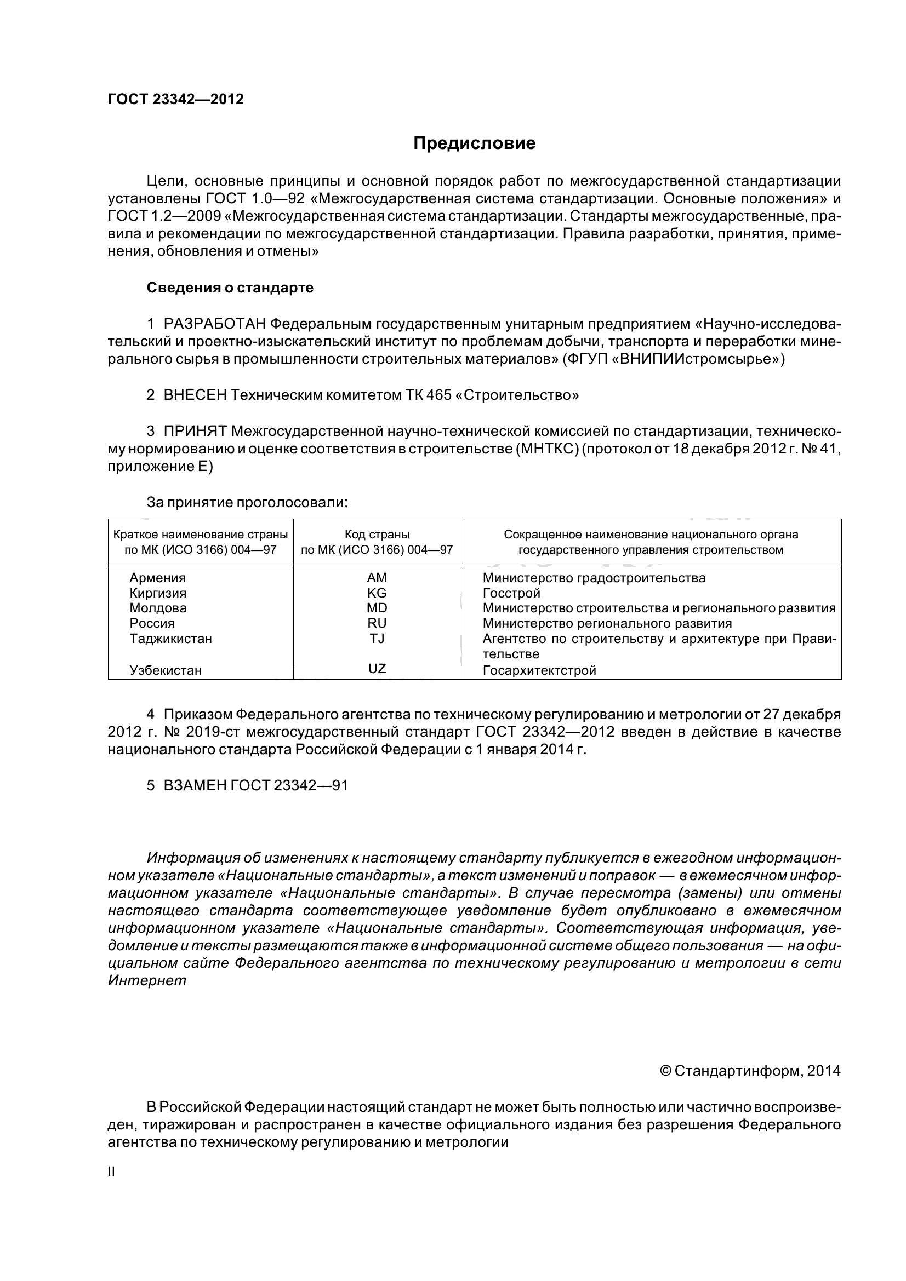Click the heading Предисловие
tap(474, 143)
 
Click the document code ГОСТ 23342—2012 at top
tap(175, 99)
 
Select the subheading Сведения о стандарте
tap(230, 288)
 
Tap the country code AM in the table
tap(377, 578)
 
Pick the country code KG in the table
tap(377, 593)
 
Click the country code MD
tap(377, 608)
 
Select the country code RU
tap(377, 623)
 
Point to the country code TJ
tap(377, 638)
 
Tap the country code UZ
tap(377, 668)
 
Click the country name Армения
tap(157, 578)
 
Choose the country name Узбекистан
tap(165, 670)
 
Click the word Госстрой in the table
tap(511, 593)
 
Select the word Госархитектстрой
tap(539, 670)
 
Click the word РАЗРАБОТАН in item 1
tap(214, 324)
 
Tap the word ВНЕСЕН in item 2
tap(195, 395)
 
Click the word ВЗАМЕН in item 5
tap(195, 785)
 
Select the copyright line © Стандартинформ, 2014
tap(750, 1071)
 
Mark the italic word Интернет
tap(147, 980)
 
